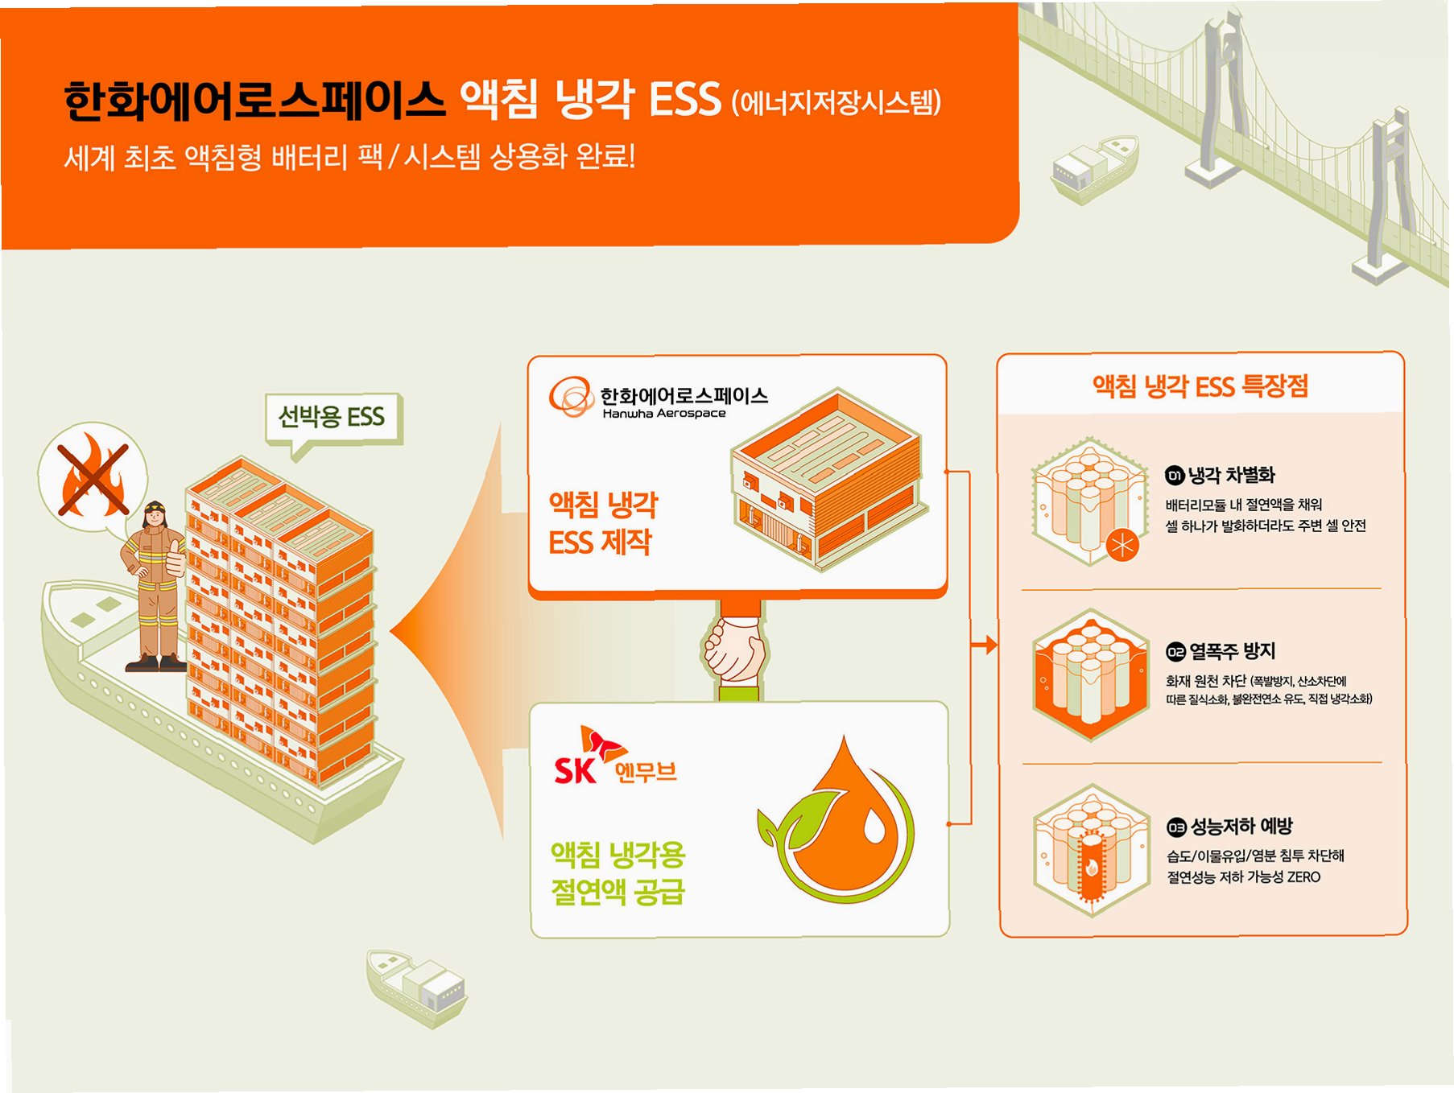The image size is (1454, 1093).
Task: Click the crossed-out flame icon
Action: (93, 475)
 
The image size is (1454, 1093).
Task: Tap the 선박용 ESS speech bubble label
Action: (332, 417)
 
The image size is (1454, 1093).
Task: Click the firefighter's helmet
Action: (154, 509)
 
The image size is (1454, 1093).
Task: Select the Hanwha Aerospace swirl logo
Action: (571, 397)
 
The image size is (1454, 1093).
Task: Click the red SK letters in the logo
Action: (575, 770)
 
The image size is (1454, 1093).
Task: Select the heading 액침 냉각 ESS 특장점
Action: (1200, 386)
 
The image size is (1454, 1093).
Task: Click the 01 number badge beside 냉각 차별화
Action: (1175, 476)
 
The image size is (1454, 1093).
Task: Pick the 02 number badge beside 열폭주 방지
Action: (1175, 651)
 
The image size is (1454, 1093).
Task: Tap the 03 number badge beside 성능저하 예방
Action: (1176, 827)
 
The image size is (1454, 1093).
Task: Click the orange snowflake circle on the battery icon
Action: (1122, 545)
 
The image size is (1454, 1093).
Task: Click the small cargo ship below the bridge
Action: (1094, 168)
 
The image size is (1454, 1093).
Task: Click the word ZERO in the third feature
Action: (1303, 877)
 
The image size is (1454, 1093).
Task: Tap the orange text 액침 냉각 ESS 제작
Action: (602, 523)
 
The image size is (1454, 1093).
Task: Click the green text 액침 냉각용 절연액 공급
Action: (618, 872)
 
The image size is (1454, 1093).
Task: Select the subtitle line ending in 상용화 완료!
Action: (349, 157)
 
